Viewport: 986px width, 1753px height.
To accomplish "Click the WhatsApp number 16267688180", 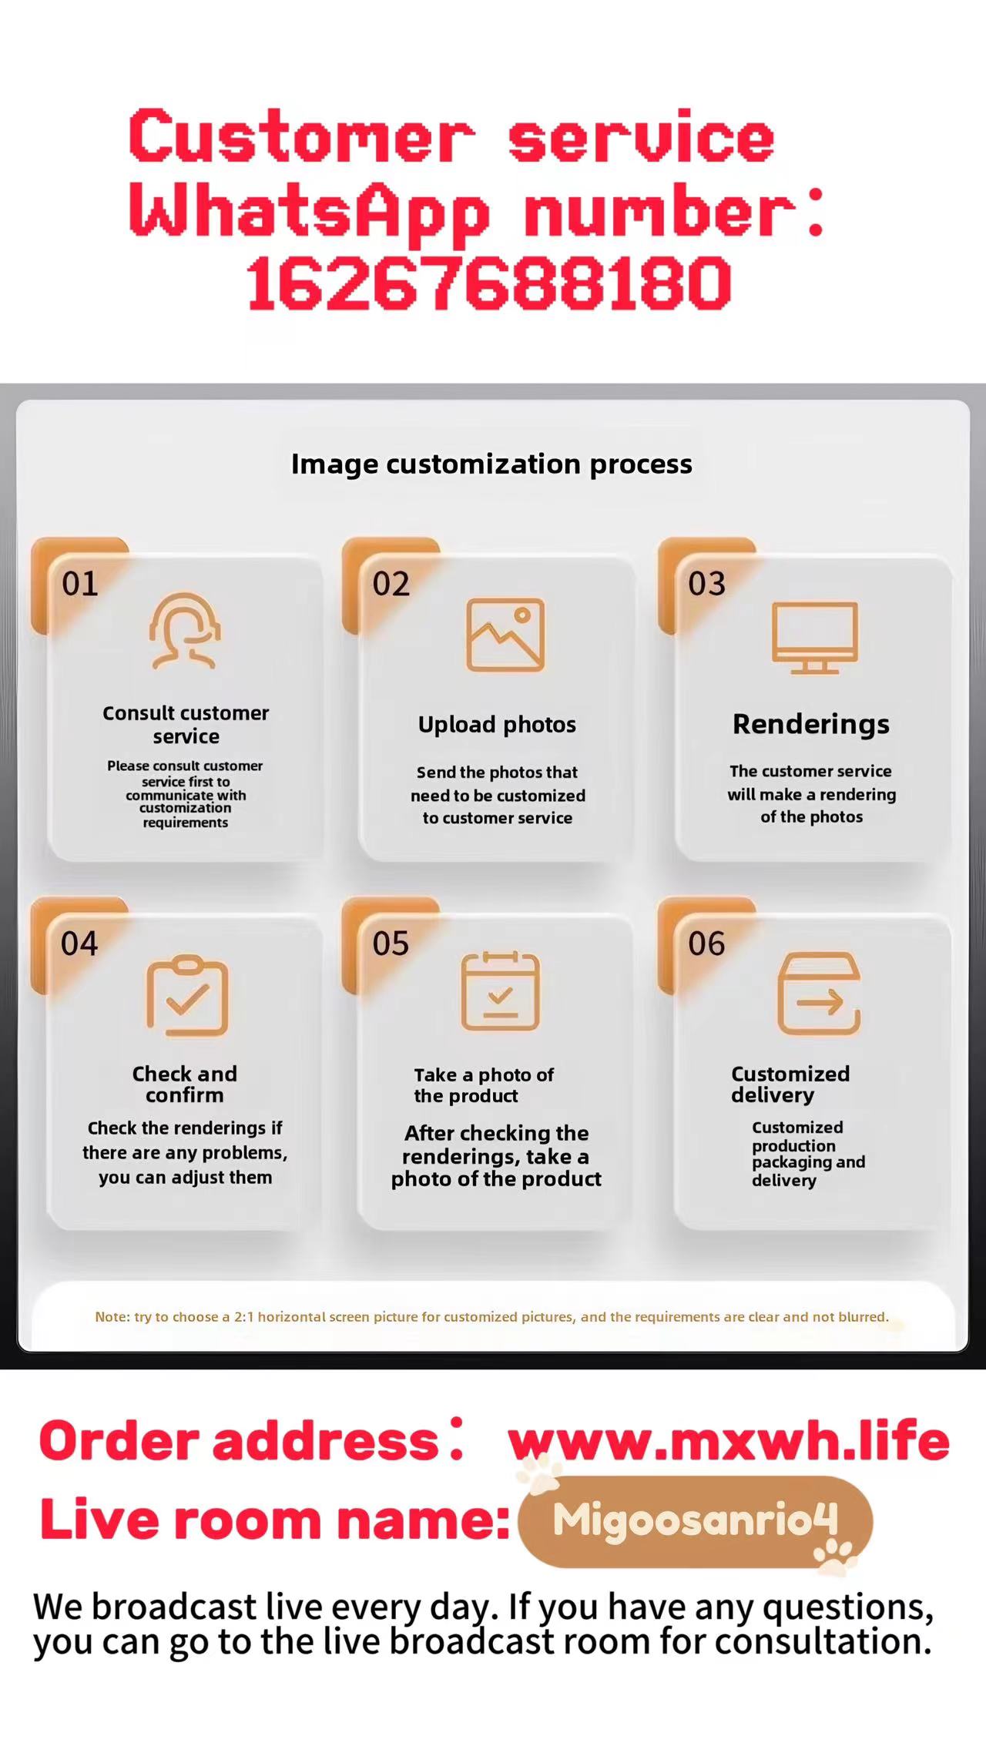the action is coord(488,283).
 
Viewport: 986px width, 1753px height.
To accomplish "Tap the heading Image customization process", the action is coord(491,464).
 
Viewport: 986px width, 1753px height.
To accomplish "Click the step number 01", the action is coord(80,584).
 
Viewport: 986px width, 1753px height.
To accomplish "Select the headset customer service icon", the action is coord(185,630).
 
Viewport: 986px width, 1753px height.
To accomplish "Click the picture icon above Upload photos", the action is coord(505,635).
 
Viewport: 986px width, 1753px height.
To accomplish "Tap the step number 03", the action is coord(706,584).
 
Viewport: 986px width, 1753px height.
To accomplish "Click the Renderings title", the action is coord(811,724).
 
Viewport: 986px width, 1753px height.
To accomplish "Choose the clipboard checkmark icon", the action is coord(187,995).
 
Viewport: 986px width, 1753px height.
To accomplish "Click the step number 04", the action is coord(79,944).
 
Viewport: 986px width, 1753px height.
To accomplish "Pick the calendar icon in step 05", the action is coord(501,991).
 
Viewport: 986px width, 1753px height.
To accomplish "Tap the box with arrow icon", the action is coord(819,994).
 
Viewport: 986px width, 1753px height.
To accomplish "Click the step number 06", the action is coord(706,944).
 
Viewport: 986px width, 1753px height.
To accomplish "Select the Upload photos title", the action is coord(497,725).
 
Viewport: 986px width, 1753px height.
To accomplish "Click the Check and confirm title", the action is coord(185,1084).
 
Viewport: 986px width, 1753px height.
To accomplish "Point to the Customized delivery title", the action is coord(790,1084).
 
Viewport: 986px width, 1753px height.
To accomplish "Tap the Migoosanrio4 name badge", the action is coord(696,1521).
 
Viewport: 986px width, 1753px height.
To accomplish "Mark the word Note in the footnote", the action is coord(111,1317).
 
